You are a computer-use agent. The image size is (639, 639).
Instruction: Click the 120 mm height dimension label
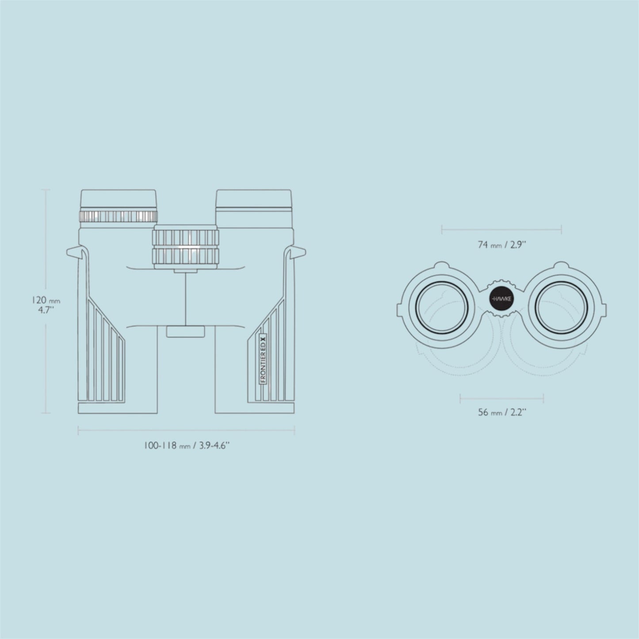pyautogui.click(x=46, y=305)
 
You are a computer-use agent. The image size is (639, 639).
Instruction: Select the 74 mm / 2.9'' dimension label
pyautogui.click(x=502, y=245)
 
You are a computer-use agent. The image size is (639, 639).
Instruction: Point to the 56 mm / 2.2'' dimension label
pyautogui.click(x=502, y=412)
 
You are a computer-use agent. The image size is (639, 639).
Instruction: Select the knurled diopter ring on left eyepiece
pyautogui.click(x=118, y=217)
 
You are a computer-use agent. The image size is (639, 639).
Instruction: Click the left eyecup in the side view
pyautogui.click(x=119, y=199)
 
